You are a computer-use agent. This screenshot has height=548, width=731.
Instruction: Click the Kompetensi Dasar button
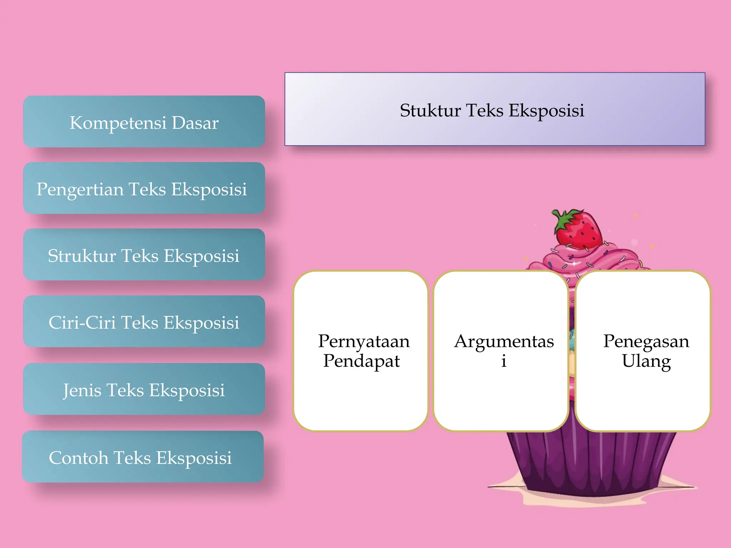[x=144, y=122]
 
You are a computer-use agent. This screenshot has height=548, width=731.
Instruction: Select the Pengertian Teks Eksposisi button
[x=144, y=188]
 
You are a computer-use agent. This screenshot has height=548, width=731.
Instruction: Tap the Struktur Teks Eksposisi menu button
[x=144, y=255]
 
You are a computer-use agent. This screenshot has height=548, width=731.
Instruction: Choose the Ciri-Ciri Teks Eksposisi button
[x=144, y=321]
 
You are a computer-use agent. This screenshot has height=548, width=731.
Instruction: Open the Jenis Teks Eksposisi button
[x=144, y=389]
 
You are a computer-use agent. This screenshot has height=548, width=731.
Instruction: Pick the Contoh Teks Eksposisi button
[x=143, y=457]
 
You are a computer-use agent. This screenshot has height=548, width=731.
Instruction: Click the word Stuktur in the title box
[x=430, y=110]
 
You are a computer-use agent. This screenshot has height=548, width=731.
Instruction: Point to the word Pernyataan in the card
[x=364, y=341]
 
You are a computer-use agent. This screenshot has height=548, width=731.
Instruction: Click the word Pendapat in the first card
[x=361, y=361]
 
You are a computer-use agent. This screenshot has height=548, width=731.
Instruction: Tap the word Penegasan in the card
[x=646, y=341]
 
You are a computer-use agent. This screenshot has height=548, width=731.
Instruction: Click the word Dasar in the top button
[x=195, y=123]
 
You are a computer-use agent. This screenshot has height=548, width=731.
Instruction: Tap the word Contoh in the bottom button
[x=79, y=458]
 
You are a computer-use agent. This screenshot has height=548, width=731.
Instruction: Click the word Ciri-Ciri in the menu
[x=83, y=323]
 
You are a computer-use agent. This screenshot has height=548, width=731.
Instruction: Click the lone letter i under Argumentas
[x=504, y=361]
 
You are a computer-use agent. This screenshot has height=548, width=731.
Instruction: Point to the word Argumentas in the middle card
[x=504, y=341]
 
